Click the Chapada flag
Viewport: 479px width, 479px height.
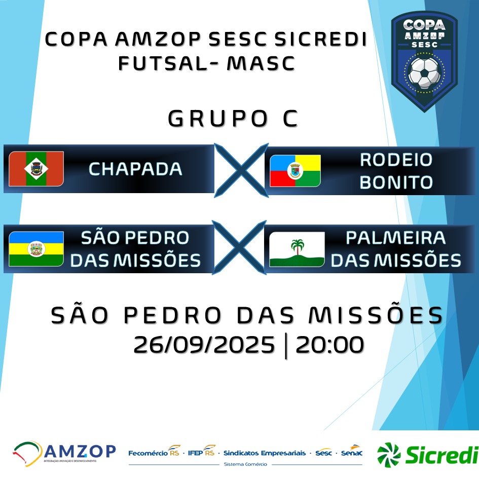[36, 169]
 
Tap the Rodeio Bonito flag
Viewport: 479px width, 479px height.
[295, 171]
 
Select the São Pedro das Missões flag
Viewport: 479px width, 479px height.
[36, 249]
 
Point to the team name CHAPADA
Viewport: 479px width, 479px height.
[135, 169]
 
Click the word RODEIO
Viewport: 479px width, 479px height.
[396, 160]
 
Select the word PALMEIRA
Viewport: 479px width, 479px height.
[395, 238]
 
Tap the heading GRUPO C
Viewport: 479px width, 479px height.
[233, 119]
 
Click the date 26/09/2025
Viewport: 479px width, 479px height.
[204, 345]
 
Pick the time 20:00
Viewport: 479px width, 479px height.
[329, 345]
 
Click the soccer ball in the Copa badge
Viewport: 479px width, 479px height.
[424, 71]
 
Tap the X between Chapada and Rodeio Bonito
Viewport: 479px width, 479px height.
[241, 170]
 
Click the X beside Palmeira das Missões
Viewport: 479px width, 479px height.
[239, 247]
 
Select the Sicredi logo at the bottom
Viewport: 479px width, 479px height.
[428, 454]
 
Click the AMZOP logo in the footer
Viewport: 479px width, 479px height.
[64, 453]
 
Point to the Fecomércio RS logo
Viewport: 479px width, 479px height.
[154, 451]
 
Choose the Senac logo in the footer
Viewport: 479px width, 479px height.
[352, 451]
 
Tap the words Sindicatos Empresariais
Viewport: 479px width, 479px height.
[265, 453]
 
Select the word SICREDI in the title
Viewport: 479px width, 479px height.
[320, 39]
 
